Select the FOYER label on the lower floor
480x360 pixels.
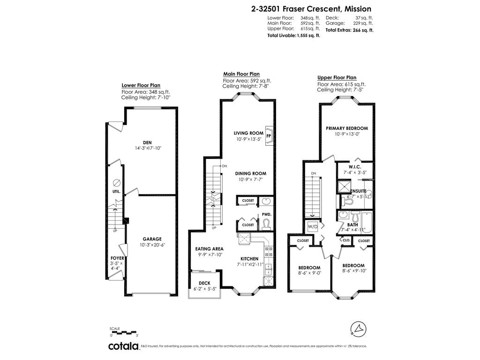[117, 258]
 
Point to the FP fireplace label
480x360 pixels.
[269, 136]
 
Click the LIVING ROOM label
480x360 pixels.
[248, 133]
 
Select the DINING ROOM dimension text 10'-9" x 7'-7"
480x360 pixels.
[251, 179]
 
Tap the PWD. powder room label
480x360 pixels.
[267, 215]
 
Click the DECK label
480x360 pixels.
[204, 283]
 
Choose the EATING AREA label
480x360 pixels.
[209, 249]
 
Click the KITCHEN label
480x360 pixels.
[249, 258]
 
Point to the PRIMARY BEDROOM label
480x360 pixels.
[347, 128]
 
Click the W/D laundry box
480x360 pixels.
[313, 227]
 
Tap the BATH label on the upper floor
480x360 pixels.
[352, 225]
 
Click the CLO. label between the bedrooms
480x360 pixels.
[346, 240]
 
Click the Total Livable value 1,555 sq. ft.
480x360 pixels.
[308, 36]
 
